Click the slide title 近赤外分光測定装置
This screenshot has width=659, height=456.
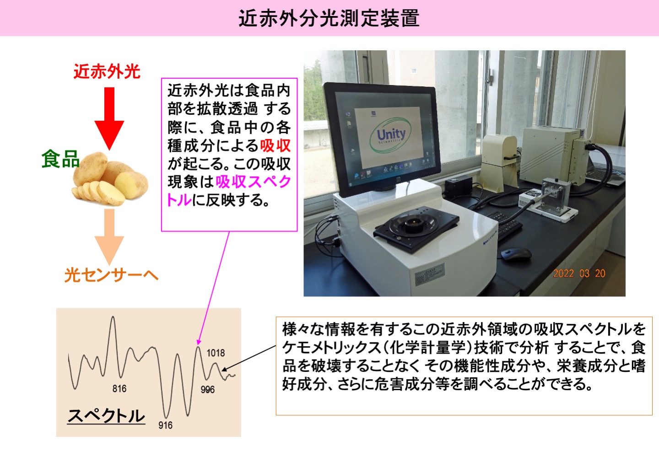329,18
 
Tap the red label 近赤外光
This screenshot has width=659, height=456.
107,72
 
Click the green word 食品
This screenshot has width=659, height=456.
60,159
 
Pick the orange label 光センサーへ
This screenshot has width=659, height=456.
111,275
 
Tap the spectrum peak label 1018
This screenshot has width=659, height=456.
216,353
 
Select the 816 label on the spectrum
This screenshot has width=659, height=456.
119,389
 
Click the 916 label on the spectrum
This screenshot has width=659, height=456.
165,425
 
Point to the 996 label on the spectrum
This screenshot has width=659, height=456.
207,389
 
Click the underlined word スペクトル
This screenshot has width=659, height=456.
106,415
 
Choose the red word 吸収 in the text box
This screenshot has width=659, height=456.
275,145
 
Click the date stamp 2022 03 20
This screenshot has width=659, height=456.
579,274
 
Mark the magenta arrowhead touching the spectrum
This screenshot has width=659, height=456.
199,342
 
